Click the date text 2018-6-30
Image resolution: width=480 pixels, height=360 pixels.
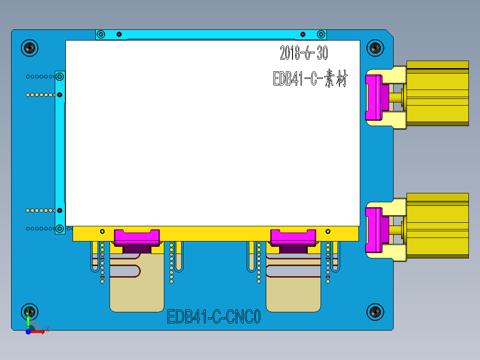(304, 53)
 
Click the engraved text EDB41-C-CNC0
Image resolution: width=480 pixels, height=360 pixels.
(213, 317)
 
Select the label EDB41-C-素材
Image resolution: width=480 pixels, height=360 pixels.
(310, 79)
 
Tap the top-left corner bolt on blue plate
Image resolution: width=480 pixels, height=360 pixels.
(30, 47)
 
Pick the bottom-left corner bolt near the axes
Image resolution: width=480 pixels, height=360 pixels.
(30, 312)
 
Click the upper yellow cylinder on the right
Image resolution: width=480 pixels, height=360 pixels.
(437, 93)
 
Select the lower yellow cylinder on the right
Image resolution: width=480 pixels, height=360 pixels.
(437, 225)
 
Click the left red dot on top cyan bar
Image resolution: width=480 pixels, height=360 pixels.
(119, 34)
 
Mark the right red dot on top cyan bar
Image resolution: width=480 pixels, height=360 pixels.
(303, 34)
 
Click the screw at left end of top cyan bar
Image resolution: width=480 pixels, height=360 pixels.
(101, 34)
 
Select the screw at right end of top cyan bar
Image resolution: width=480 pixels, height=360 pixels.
(320, 34)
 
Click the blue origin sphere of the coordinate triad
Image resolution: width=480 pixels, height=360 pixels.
(28, 331)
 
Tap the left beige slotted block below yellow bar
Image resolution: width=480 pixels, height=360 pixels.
(137, 290)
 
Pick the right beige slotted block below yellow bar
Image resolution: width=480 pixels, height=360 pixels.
(293, 290)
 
